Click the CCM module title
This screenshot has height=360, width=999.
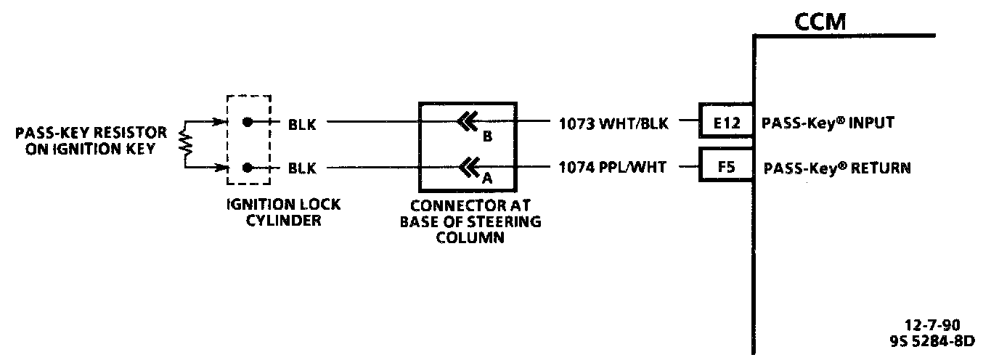click(x=820, y=22)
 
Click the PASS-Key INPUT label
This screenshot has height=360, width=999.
click(x=827, y=123)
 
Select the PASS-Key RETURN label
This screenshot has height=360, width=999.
click(x=837, y=168)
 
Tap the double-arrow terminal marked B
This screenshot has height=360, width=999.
click(x=469, y=122)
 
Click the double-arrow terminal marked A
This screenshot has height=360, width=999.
click(x=469, y=168)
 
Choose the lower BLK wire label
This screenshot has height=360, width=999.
click(x=302, y=168)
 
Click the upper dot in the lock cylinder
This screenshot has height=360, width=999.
click(x=248, y=123)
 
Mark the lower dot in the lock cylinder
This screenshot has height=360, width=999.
click(x=248, y=168)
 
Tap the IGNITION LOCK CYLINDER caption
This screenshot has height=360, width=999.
click(x=272, y=213)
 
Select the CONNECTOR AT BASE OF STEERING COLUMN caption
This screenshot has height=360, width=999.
click(x=470, y=221)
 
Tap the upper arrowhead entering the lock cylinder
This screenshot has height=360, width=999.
click(x=222, y=123)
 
